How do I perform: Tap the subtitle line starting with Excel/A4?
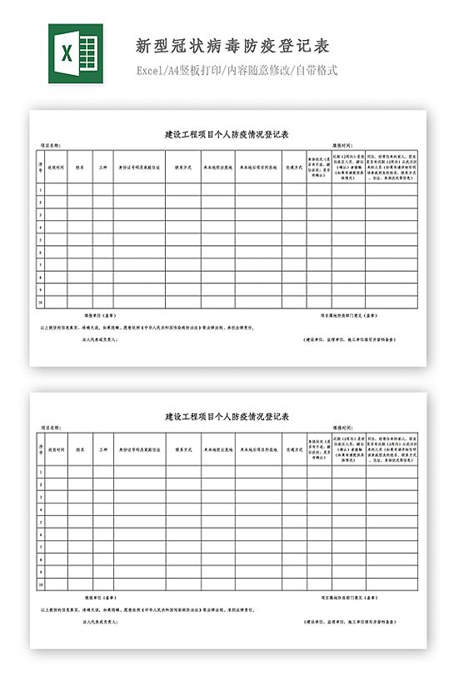pos(237,70)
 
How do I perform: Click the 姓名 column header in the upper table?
pos(81,166)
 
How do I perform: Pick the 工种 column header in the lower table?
pos(102,449)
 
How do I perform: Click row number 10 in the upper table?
pos(40,302)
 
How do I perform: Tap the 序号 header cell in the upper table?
pos(40,166)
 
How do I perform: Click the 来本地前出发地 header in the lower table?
pos(217,449)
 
